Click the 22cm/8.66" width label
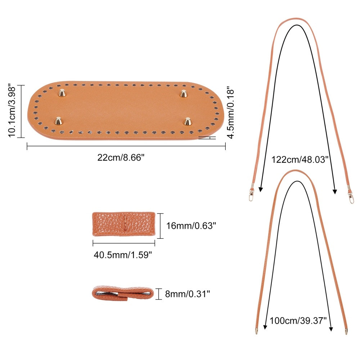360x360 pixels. [121, 158]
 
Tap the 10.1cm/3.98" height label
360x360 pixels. [12, 111]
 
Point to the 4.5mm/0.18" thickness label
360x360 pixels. [230, 112]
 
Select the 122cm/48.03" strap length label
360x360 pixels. [300, 159]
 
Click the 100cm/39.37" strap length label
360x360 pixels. [298, 320]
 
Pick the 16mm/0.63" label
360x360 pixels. [191, 226]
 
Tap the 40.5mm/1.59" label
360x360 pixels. [123, 255]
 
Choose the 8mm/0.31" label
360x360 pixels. [187, 294]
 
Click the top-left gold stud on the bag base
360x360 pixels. [62, 93]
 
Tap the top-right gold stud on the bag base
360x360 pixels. [183, 94]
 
